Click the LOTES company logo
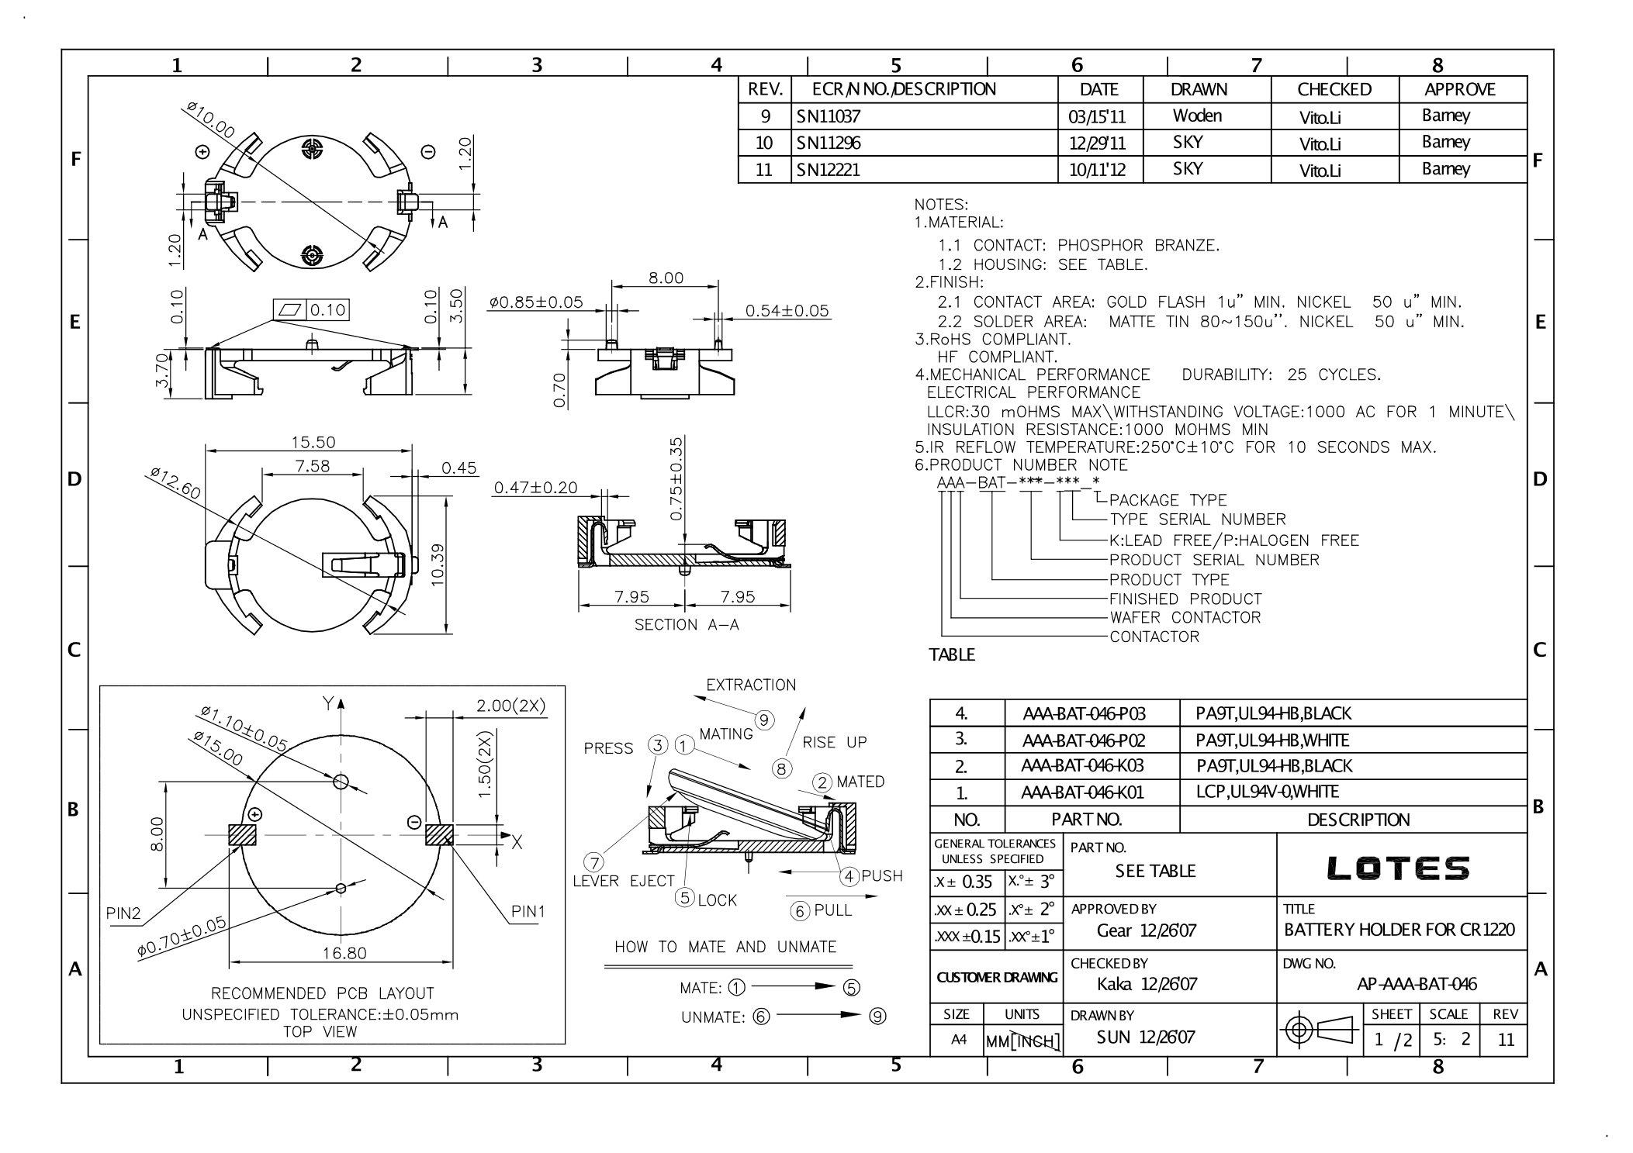click(x=1398, y=868)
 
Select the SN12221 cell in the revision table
click(x=829, y=170)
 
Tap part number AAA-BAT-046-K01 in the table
click(x=1083, y=792)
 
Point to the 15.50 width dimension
click(x=313, y=442)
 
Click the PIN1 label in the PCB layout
click(x=528, y=912)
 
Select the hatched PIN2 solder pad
click(x=242, y=835)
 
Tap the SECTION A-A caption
click(x=687, y=625)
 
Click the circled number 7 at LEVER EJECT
click(x=594, y=862)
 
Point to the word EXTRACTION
click(x=751, y=685)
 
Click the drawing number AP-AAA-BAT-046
click(x=1417, y=984)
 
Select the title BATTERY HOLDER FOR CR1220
click(x=1399, y=930)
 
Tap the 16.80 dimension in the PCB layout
click(x=344, y=953)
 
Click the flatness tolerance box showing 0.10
click(x=311, y=310)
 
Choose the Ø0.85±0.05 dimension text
click(x=536, y=302)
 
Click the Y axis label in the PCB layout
click(x=327, y=703)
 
